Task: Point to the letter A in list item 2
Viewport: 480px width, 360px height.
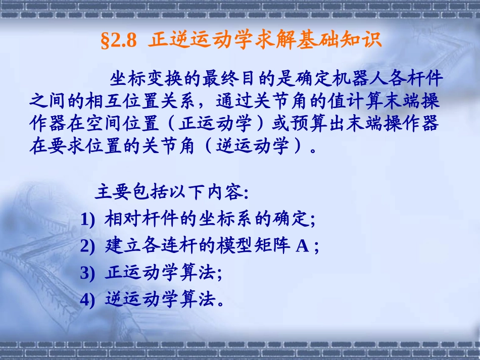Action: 302,247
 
